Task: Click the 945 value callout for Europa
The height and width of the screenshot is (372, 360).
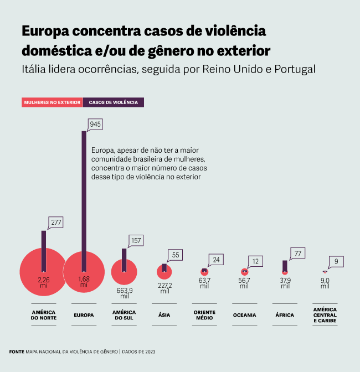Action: coord(95,125)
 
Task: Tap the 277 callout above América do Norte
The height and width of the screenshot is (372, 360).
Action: coord(56,223)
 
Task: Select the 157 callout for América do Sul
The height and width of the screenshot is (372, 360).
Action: coord(136,241)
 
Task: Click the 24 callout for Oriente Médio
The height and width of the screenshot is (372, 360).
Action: coord(217,260)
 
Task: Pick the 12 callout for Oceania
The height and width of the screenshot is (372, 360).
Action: coord(256,261)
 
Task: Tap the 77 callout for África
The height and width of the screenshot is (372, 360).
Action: coord(297,254)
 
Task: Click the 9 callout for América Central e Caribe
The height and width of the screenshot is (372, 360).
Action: coord(337,261)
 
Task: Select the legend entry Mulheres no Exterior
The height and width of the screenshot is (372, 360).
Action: coord(52,102)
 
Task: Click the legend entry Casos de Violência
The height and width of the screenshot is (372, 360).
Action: coord(114,102)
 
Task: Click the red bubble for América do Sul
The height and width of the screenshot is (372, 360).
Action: coord(124,272)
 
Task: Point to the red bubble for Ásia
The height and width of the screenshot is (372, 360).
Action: coord(164,272)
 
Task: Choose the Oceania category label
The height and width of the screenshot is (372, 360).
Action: coord(244,315)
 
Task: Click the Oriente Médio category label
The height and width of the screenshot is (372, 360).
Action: coord(204,315)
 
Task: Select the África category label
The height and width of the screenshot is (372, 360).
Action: coord(285,315)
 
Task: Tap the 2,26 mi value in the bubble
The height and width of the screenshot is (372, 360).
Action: coord(44,282)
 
